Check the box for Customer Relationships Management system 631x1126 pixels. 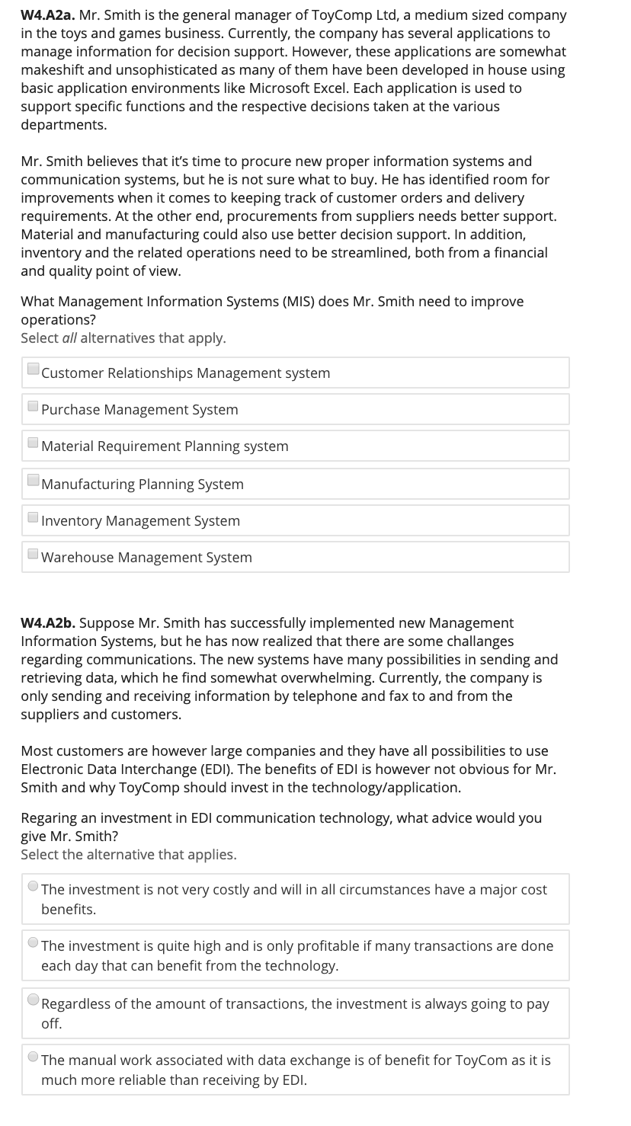pos(34,369)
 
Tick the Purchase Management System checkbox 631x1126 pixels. pos(34,406)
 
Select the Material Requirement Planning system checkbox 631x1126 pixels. pos(34,443)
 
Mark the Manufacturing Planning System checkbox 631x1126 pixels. pos(34,481)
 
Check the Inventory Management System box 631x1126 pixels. pos(34,517)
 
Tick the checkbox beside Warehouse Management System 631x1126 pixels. pos(34,554)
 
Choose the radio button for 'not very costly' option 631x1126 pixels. pos(34,887)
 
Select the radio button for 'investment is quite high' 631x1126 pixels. pos(34,943)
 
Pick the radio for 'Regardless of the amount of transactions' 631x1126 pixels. pos(34,1000)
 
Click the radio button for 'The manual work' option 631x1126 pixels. pos(34,1057)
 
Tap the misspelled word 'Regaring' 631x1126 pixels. pos(49,818)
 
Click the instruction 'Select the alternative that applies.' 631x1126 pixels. pos(129,855)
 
